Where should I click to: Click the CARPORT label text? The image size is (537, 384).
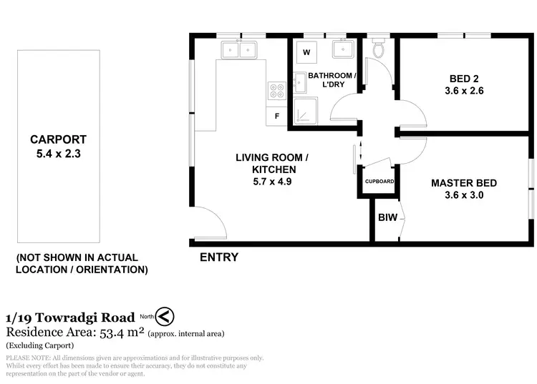(58, 139)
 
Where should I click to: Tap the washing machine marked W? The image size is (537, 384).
(306, 52)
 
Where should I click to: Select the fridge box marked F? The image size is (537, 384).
(276, 116)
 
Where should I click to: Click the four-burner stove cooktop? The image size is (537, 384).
(276, 90)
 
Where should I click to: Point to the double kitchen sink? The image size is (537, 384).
(239, 49)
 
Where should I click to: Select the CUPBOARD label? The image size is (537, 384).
(379, 182)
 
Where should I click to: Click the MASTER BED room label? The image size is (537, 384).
(463, 183)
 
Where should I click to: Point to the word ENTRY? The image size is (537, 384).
(218, 257)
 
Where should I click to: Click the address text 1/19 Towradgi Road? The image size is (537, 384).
(69, 317)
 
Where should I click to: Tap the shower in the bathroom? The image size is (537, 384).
(308, 112)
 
